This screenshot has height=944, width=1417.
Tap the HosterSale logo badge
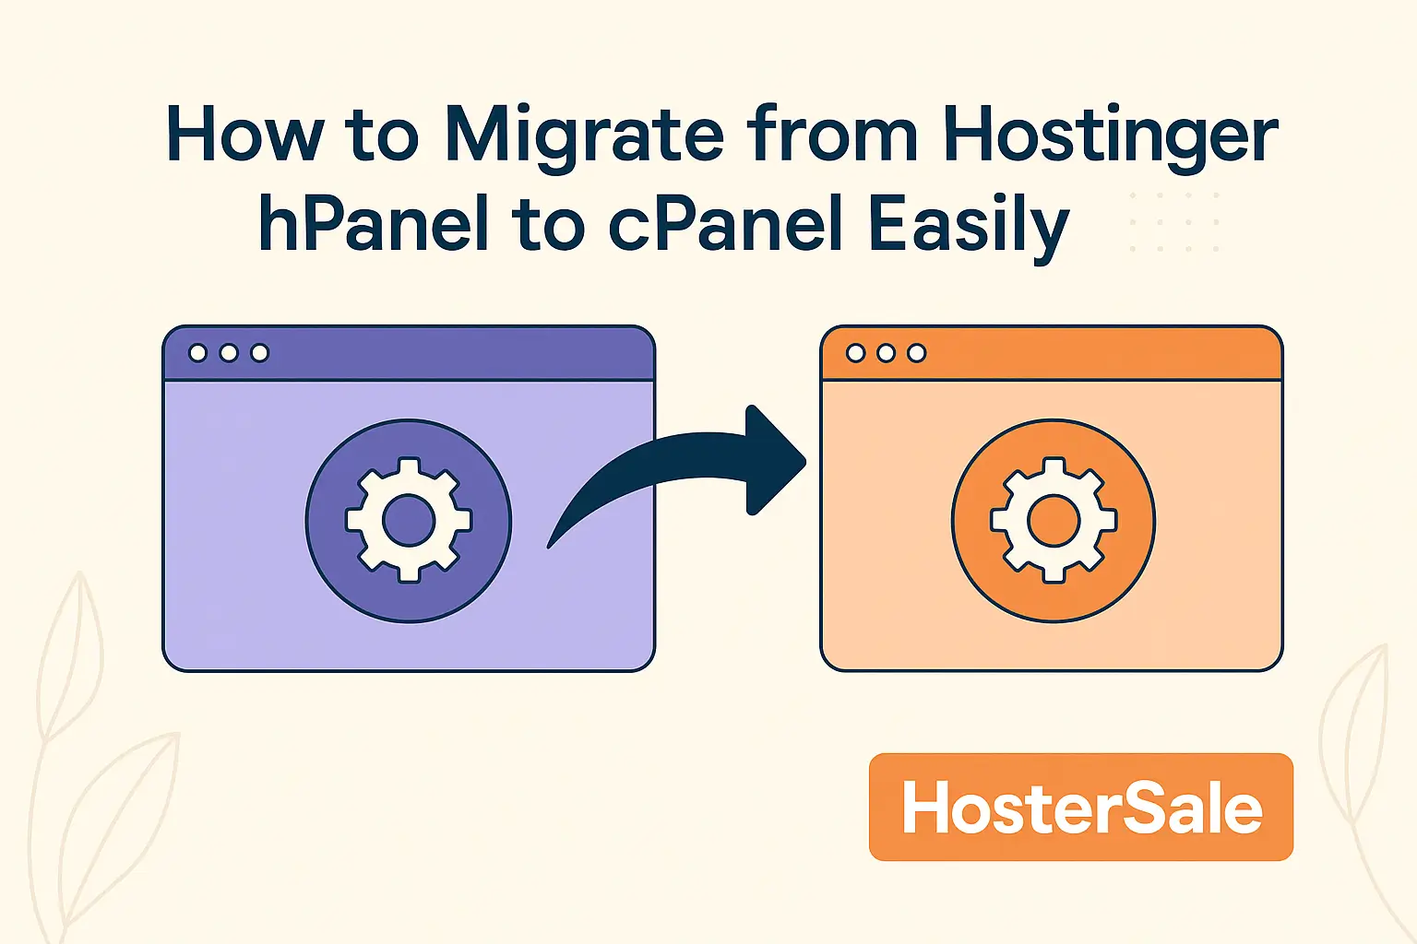1080,808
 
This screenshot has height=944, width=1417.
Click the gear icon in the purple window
409,522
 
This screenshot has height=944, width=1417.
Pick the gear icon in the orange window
1054,522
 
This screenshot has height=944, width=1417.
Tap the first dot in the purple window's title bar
197,353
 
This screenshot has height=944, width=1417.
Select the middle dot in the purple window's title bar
229,353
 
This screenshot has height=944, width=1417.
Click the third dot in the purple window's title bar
260,353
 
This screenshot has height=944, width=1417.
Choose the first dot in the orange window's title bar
855,353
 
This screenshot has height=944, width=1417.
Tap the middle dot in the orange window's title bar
886,353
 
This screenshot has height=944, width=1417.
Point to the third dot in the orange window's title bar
916,353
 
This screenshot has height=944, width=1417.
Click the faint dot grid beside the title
1174,222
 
